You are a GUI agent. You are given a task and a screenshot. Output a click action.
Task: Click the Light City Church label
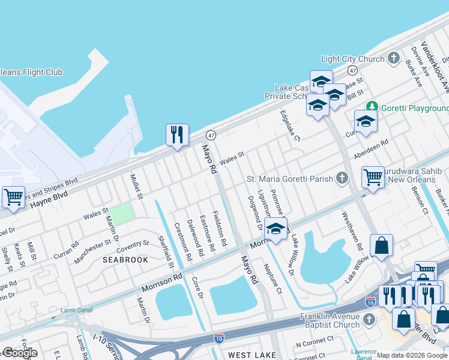[x=352, y=59]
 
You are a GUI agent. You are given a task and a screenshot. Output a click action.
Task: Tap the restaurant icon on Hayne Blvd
[x=177, y=134]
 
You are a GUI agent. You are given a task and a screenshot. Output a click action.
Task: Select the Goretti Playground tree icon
[x=373, y=107]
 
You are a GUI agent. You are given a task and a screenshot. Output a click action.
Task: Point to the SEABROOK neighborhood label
[x=125, y=260]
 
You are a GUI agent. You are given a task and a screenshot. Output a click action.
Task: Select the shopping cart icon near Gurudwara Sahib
[x=373, y=177]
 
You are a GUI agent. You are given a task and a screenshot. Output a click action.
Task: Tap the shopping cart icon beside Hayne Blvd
[x=13, y=197]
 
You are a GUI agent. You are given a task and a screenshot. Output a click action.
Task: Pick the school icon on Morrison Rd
[x=276, y=229]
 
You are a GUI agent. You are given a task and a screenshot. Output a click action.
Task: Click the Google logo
[x=20, y=353]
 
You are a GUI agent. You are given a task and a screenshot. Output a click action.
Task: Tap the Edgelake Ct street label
[x=289, y=125]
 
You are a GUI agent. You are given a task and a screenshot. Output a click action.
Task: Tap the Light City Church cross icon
[x=394, y=58]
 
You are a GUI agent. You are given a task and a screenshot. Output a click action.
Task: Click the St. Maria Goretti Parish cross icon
[x=342, y=178]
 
